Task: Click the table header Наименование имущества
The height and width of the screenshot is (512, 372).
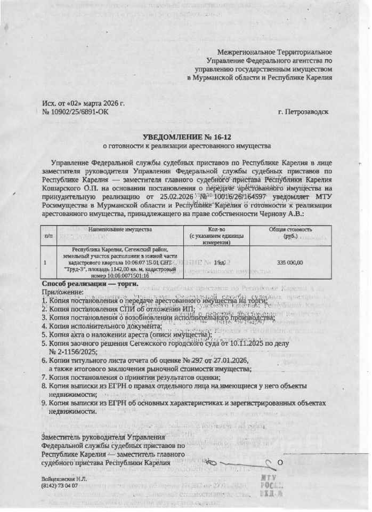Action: (120, 229)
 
